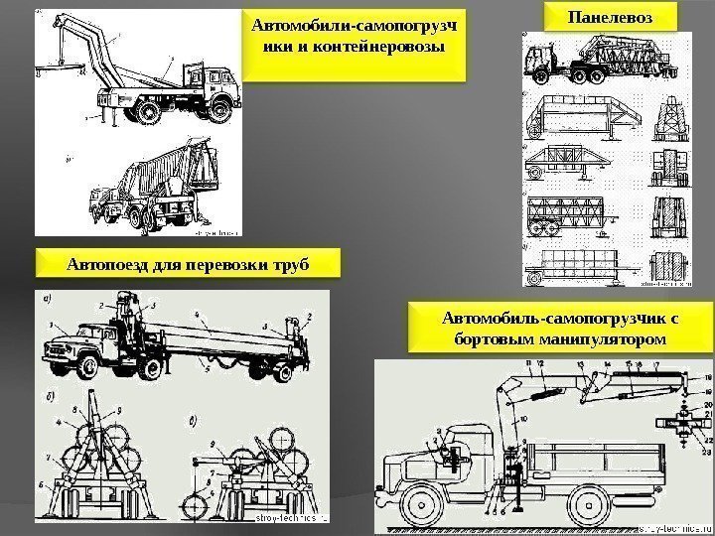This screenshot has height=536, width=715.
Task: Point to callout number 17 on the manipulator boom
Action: [654, 366]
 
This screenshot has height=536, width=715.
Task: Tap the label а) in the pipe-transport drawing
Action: [45, 297]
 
